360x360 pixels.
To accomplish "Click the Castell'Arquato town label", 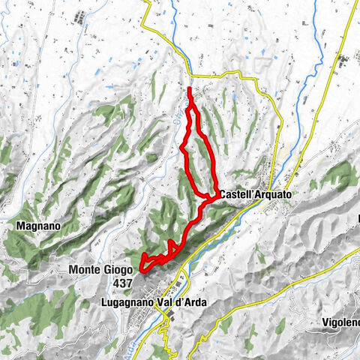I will tap(255, 194).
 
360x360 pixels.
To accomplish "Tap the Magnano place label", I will tap(31, 224).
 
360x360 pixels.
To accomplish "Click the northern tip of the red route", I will tap(189, 89).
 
